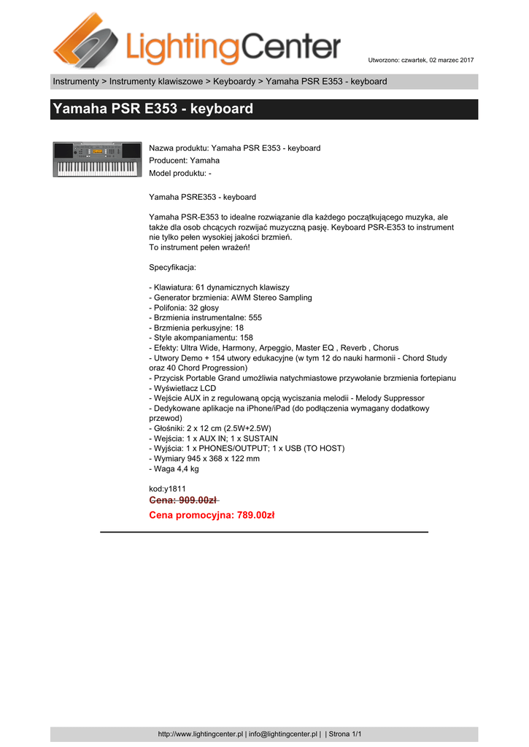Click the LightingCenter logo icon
(86, 40)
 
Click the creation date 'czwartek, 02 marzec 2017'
(433, 59)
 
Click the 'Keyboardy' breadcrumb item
(234, 81)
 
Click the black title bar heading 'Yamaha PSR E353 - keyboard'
(152, 109)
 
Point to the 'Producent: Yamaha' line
(184, 160)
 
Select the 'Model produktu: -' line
(180, 173)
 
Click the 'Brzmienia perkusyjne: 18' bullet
(196, 328)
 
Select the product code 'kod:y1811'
(167, 488)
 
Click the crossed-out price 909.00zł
(183, 500)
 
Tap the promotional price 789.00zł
(212, 515)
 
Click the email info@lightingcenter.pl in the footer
(284, 734)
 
